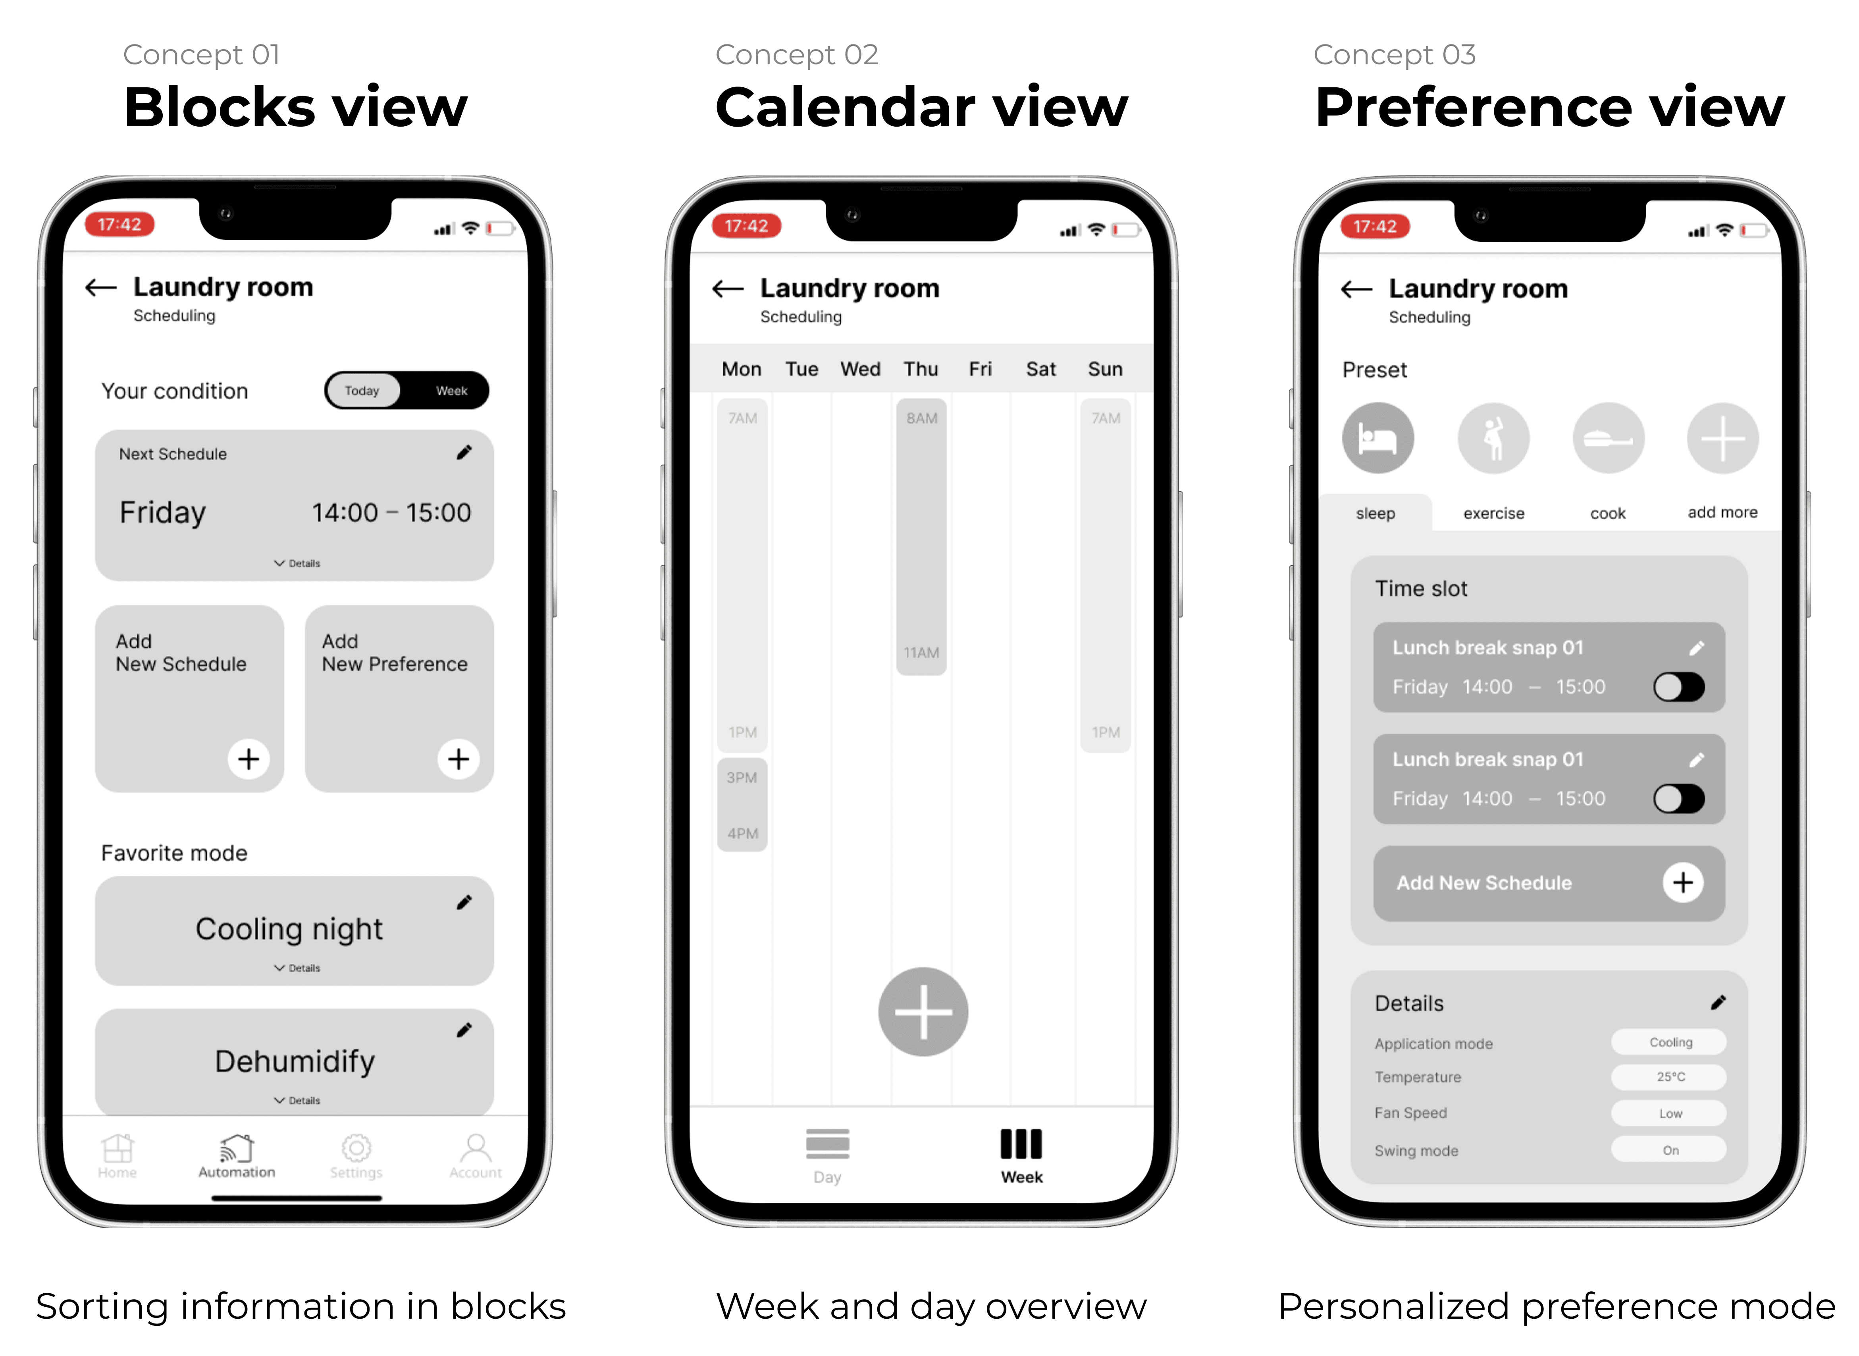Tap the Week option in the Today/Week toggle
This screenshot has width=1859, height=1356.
coord(451,391)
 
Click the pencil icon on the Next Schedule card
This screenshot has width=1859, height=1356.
coord(464,452)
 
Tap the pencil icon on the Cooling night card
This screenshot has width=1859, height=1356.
coord(464,902)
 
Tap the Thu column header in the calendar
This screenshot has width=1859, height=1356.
coord(921,370)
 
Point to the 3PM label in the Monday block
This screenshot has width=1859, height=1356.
coord(742,777)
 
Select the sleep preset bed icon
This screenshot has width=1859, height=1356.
coord(1378,438)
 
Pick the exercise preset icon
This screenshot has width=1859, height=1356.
coord(1493,438)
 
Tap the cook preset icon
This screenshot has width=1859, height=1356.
coord(1608,438)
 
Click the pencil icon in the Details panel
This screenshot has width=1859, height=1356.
coord(1718,1002)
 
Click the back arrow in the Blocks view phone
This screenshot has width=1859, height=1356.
coord(101,287)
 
